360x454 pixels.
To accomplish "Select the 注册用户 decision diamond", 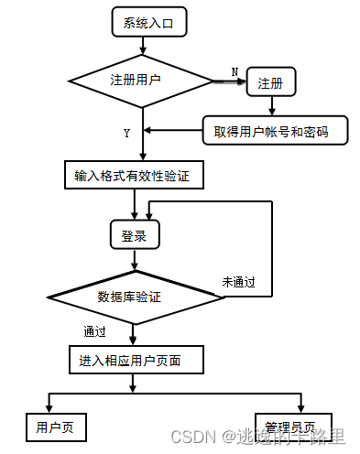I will tap(136, 81).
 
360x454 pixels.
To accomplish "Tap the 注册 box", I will tap(269, 83).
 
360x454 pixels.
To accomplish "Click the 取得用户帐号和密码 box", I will tap(278, 132).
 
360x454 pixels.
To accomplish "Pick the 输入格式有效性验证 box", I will tap(134, 174).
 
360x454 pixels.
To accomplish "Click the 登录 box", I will tap(135, 235).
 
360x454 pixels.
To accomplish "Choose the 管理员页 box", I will tap(290, 427).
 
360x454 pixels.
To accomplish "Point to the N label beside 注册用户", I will tap(235, 71).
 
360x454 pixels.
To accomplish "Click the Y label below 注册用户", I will tap(126, 134).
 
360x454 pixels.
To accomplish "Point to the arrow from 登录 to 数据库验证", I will tap(136, 261).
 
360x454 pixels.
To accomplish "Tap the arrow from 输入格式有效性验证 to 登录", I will tap(136, 204).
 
